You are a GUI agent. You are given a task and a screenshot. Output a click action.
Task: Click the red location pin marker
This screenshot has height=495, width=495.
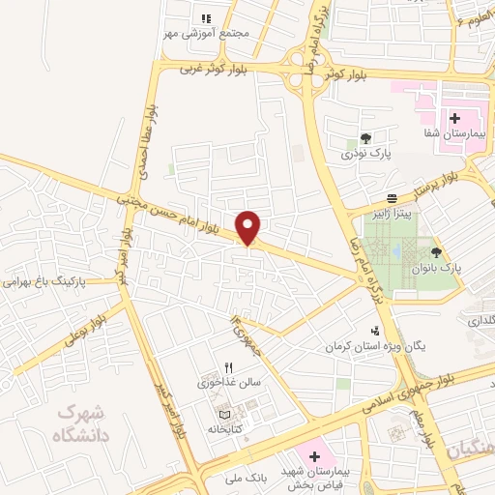pyautogui.click(x=249, y=227)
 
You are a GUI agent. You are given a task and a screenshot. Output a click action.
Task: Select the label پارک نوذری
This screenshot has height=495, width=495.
pyautogui.click(x=364, y=154)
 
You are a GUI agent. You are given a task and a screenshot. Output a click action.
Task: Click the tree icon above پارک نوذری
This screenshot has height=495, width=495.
pyautogui.click(x=365, y=138)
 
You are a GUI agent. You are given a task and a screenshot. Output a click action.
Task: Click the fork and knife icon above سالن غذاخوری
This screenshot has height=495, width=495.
pyautogui.click(x=229, y=366)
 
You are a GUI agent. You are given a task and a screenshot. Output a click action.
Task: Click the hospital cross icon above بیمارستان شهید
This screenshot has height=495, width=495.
pyautogui.click(x=314, y=455)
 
